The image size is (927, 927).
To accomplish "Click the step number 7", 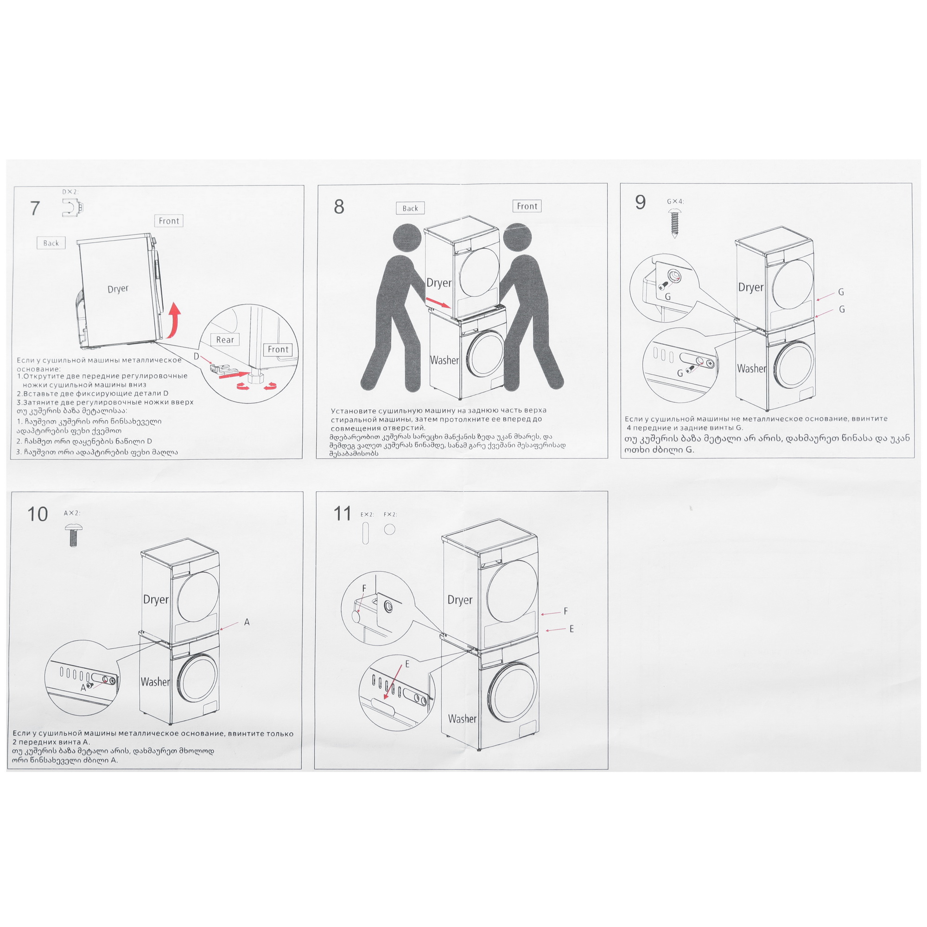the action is coord(35,208).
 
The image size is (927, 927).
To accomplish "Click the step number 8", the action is coord(339,206).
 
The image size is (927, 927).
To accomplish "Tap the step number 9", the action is coord(640,202).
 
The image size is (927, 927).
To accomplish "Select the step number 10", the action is coord(38,514).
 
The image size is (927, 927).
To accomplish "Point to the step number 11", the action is coord(342,514).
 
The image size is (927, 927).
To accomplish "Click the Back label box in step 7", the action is coord(51,243).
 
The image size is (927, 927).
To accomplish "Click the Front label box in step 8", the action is coord(527,206).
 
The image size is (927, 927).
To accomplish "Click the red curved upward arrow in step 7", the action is coord(175,319).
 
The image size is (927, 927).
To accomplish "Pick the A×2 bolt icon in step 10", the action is coord(72,535).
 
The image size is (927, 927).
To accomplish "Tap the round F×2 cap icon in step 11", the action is coord(390,529).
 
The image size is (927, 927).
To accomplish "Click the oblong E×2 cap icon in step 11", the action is coord(366,533).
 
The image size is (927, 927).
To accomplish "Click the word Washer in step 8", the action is coord(444,360).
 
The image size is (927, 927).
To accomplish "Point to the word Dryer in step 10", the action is coord(156,600).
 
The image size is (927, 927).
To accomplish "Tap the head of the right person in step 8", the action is coord(518,238).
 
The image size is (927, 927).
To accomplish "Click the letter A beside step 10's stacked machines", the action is coord(247,622).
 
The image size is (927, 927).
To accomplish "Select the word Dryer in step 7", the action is coord(118,289).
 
